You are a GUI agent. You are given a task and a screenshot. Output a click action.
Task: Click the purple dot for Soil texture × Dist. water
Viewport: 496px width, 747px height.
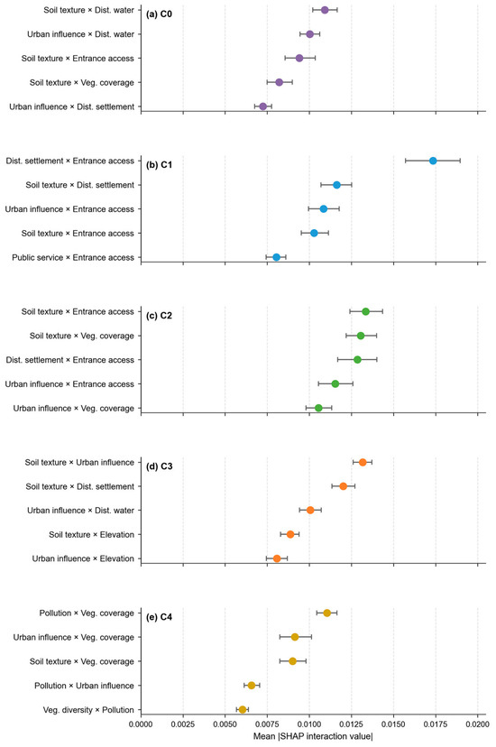325,10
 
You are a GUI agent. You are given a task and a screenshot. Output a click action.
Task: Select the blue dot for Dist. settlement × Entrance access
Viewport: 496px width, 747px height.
433,161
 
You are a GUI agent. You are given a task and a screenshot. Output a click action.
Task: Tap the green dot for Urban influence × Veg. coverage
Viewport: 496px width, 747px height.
318,408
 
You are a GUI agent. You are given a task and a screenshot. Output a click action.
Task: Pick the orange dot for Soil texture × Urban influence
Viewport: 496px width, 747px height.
363,462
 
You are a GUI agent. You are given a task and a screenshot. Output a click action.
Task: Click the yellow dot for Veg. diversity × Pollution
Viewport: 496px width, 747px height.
243,709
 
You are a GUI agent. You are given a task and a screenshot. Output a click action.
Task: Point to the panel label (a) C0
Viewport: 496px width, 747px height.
159,14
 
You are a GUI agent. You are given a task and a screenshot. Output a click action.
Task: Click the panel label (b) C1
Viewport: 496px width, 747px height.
159,165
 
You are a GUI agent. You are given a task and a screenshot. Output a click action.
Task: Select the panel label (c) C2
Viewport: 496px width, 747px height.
159,316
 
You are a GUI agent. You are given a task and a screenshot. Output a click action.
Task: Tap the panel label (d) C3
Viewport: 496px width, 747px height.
159,466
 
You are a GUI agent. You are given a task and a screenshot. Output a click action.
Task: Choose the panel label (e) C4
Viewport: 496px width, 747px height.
159,617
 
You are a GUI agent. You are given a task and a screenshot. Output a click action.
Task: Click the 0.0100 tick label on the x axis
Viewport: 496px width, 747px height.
309,724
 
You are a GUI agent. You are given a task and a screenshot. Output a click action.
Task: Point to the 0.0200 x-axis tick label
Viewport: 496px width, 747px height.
477,724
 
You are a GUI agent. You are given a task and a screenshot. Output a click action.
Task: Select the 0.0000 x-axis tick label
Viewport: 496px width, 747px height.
141,724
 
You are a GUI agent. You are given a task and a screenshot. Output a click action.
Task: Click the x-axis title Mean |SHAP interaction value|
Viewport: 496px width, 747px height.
313,736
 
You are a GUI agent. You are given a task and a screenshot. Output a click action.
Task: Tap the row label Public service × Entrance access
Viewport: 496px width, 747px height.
73,257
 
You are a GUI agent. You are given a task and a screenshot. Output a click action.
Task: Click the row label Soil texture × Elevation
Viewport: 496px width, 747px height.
91,534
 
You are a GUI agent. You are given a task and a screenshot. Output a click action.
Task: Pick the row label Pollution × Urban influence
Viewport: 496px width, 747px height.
84,686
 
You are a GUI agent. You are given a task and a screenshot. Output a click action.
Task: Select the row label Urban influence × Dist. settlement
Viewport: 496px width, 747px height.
72,106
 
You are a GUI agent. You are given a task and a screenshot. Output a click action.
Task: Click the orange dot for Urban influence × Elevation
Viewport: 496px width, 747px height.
277,558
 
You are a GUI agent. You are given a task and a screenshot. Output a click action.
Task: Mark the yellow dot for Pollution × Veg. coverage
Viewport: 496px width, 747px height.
326,613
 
